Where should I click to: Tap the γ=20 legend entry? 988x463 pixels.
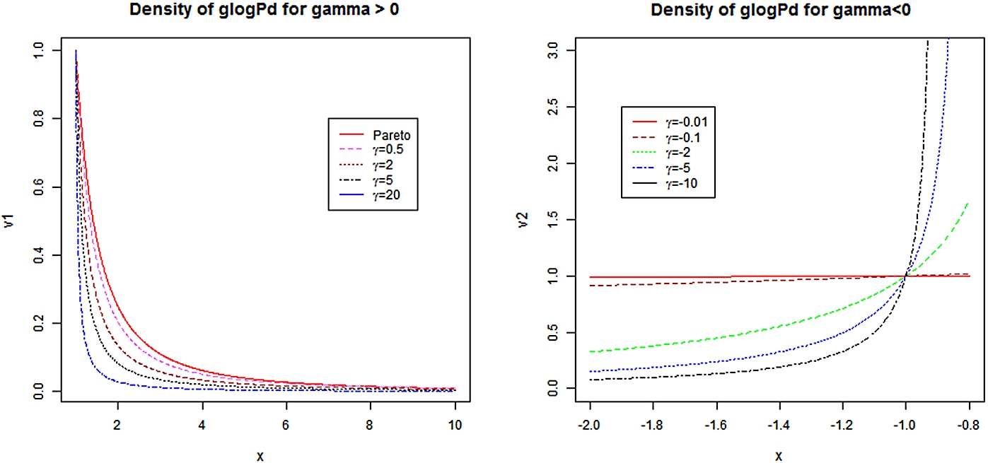click(381, 204)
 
